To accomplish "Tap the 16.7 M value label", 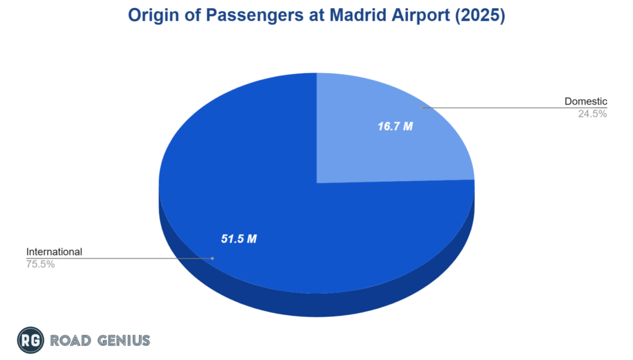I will (x=396, y=127).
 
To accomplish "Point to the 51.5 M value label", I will (x=239, y=239).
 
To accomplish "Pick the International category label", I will (x=54, y=252).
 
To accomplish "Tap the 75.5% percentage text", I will (x=40, y=264).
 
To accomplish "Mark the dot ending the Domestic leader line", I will (x=422, y=108).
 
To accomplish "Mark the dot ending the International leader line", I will (x=212, y=258).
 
